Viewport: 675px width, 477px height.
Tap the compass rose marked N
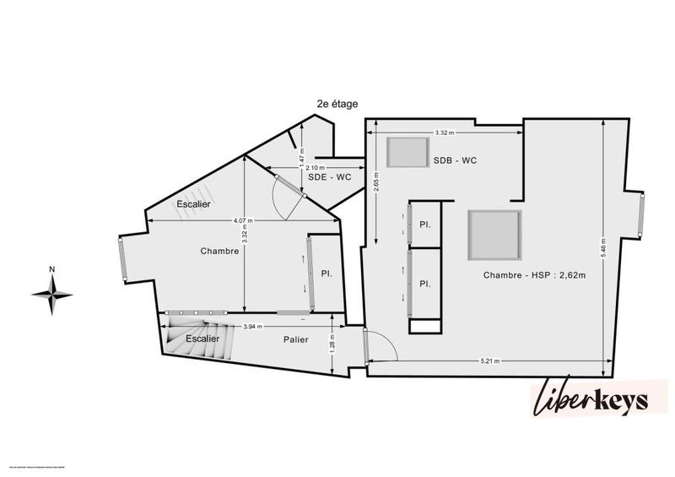coord(52,293)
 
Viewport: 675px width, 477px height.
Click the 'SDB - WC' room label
coord(456,160)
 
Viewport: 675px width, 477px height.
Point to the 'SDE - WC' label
coord(330,177)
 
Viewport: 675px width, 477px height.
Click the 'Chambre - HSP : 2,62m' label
coord(536,275)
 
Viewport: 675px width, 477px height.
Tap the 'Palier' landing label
coord(296,339)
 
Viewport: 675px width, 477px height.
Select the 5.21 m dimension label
coord(490,360)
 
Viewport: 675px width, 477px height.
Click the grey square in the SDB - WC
coord(407,153)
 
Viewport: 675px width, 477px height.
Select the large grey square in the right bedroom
coord(494,235)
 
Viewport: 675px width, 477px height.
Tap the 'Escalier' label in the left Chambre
coord(193,204)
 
